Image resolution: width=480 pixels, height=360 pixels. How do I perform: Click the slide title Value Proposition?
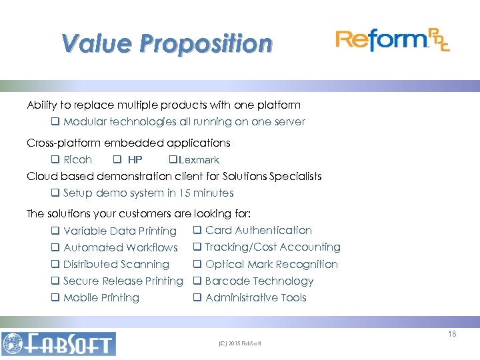pos(167,44)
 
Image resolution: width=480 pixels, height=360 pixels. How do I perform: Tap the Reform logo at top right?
pos(392,40)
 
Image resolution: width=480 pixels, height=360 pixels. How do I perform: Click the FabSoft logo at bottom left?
pos(59,343)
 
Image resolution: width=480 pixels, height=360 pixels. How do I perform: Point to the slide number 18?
pos(452,334)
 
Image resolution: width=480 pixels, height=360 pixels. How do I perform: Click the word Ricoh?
pos(77,160)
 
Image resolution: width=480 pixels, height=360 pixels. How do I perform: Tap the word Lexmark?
pos(199,160)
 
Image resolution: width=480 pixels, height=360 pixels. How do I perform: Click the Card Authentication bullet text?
pos(258,230)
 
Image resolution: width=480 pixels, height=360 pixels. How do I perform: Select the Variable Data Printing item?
pos(119,231)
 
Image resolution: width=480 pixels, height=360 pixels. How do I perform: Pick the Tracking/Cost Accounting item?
pos(272,247)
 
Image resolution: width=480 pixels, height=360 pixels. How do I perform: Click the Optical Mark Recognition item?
pos(271,264)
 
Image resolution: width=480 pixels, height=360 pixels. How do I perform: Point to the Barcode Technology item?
pos(259,281)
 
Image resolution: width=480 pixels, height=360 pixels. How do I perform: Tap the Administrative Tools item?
pos(255,298)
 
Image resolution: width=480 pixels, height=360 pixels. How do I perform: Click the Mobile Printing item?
pos(101,298)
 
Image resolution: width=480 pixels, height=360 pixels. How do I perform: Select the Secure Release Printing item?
pos(123,281)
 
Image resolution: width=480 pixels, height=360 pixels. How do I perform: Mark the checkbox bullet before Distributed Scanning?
pos(55,265)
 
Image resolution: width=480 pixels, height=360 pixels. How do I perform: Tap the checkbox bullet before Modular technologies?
pos(55,122)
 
